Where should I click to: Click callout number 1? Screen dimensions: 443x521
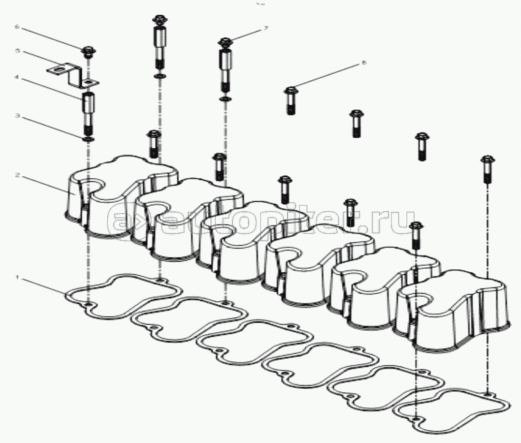[x=17, y=277]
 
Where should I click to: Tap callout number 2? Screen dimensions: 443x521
[x=17, y=175]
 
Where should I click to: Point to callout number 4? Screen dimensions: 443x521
[x=17, y=78]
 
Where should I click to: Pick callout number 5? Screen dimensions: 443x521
[x=17, y=51]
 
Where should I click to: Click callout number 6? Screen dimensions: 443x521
[x=17, y=26]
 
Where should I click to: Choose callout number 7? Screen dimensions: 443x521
[x=265, y=29]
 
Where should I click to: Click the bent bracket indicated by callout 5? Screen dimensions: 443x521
[x=71, y=74]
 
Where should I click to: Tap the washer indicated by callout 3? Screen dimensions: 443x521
[x=87, y=138]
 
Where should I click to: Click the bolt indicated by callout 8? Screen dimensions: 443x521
[x=290, y=100]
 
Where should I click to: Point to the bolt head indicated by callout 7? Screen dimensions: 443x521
[x=224, y=42]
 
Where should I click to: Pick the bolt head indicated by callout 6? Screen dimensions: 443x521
[x=88, y=51]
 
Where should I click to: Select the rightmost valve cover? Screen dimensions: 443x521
[x=452, y=315]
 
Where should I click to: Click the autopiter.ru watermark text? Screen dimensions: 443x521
[x=259, y=220]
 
